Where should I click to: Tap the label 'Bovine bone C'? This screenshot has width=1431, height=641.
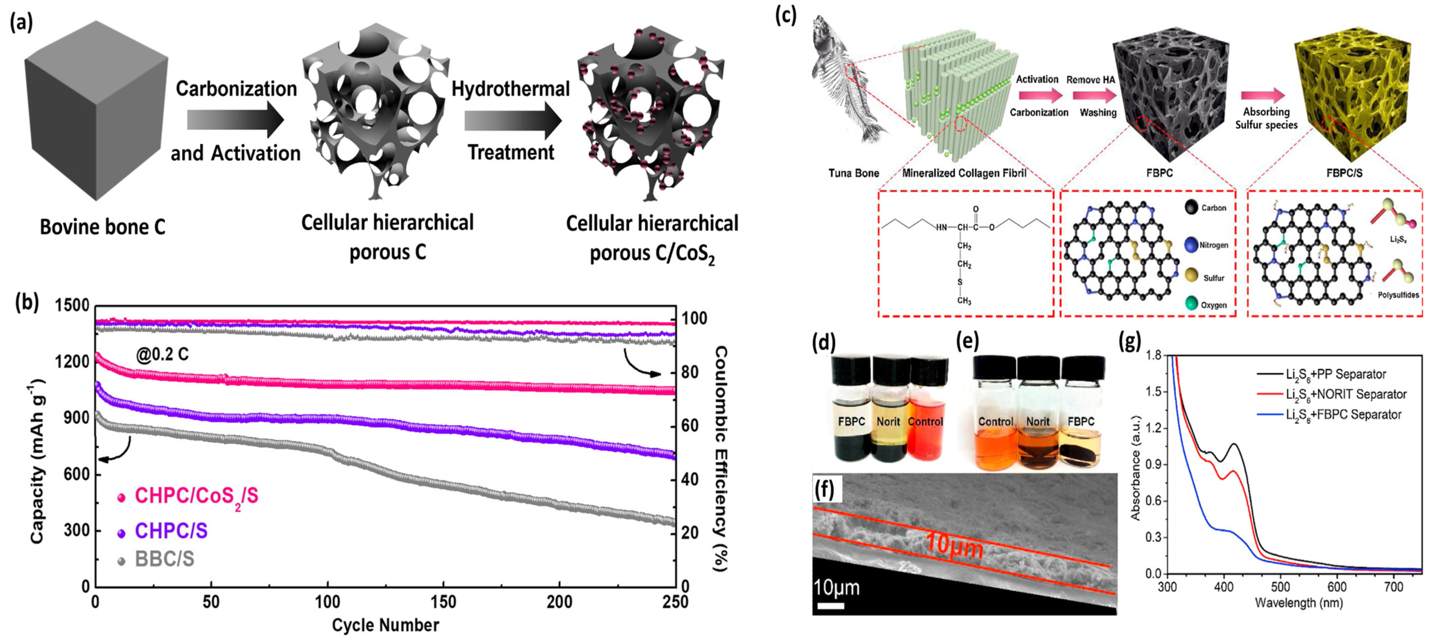103,227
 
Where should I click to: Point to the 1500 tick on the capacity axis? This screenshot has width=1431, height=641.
72,305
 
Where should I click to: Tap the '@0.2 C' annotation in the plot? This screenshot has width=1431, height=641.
162,354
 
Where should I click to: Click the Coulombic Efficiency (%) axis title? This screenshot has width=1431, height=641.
720,459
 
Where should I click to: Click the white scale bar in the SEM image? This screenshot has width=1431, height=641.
830,606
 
